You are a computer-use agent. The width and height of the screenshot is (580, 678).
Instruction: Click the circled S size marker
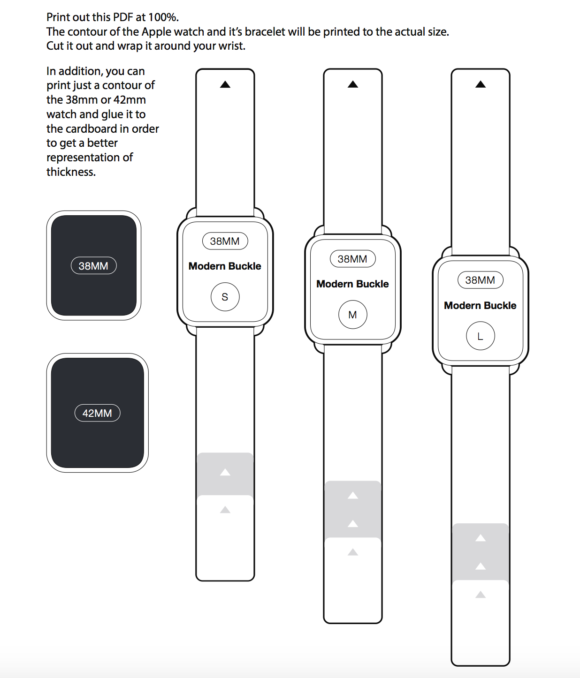point(225,297)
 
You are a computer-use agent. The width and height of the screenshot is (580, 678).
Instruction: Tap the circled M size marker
point(353,315)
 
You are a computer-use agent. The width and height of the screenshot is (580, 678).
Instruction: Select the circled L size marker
point(481,336)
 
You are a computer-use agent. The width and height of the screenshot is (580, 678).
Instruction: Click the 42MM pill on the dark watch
point(98,413)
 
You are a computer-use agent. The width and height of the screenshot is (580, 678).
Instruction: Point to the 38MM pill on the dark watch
point(94,266)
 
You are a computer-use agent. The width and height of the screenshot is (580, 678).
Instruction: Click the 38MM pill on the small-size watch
point(225,241)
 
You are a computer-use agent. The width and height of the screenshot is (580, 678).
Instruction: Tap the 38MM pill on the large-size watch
point(481,280)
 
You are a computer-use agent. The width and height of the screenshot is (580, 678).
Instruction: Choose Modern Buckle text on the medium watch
point(353,284)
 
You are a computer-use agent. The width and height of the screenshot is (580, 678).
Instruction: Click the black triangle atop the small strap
point(225,84)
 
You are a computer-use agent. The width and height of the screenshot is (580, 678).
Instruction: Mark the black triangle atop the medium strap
point(353,84)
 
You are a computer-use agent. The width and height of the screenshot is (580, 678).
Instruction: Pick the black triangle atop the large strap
point(481,84)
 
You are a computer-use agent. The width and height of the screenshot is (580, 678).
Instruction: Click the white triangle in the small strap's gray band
point(225,472)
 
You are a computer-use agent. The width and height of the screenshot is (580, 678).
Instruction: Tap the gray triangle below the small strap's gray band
point(225,510)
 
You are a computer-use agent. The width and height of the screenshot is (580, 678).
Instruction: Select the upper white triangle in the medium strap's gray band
point(353,496)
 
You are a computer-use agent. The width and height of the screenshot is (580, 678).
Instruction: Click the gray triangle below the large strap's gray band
point(481,595)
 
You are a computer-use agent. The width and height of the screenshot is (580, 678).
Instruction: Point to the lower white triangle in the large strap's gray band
point(481,566)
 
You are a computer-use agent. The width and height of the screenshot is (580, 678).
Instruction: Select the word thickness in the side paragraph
point(70,172)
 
